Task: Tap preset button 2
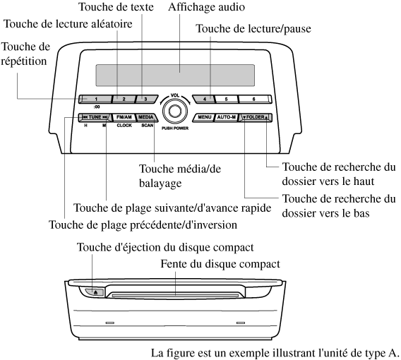point(124,99)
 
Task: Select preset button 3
point(146,99)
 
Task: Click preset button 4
point(204,99)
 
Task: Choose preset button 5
point(227,99)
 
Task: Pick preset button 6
point(254,99)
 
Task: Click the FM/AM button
point(124,117)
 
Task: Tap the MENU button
point(204,117)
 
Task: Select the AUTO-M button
point(227,117)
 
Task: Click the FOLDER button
point(256,117)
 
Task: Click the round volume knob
point(175,112)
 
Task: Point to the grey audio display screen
point(175,75)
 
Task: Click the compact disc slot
point(175,296)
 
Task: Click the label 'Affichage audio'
point(206,7)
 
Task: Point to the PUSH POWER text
point(175,128)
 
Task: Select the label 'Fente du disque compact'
point(220,264)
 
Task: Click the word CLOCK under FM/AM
point(124,125)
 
